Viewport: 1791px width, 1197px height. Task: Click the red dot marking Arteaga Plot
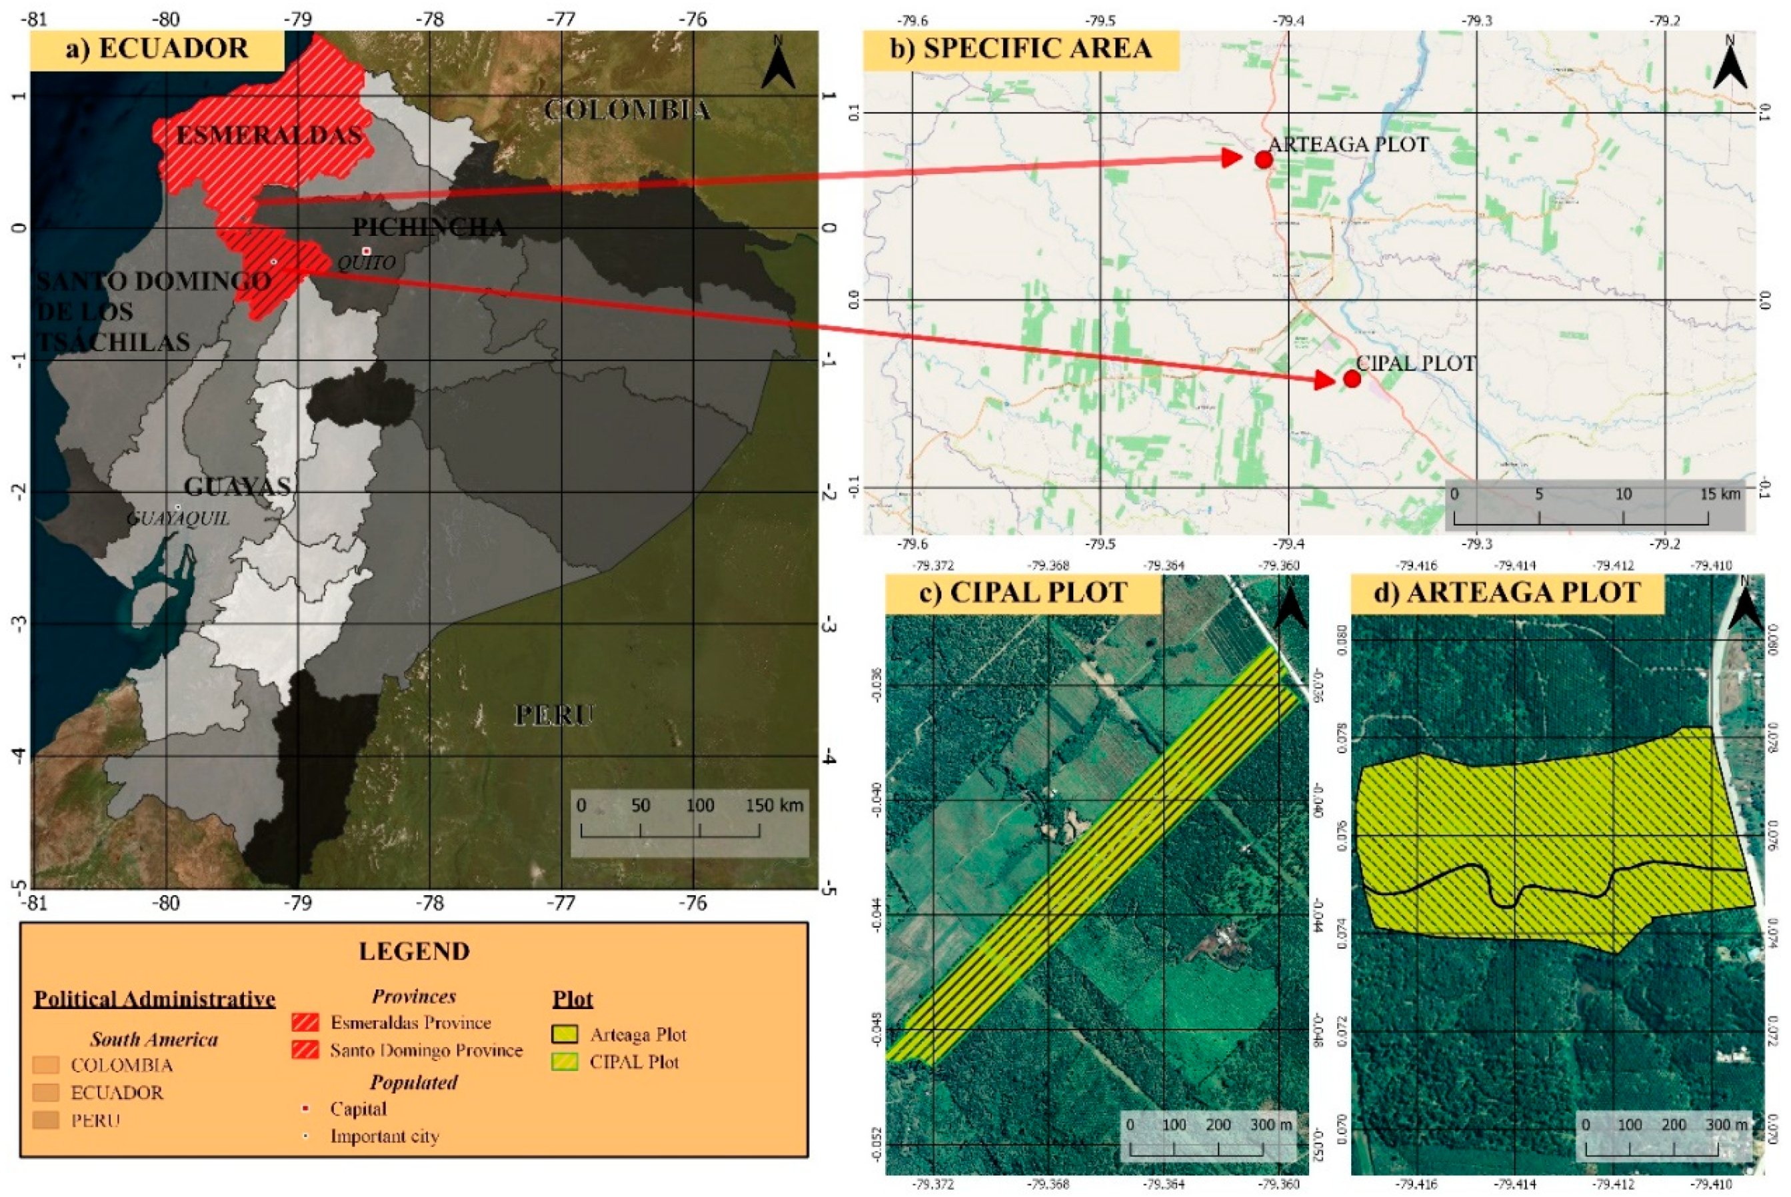[1264, 159]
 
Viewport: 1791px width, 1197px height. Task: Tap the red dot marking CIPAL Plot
[1352, 379]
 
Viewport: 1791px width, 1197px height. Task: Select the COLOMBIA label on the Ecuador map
[627, 110]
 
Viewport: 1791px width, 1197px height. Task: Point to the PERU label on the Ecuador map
[553, 715]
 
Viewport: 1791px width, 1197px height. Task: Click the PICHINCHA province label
[429, 227]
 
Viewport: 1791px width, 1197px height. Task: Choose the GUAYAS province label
[237, 487]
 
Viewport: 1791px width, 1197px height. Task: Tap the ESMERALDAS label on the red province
[269, 135]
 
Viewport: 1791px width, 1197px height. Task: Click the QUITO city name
[367, 263]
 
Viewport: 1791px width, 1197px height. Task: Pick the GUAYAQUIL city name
[178, 519]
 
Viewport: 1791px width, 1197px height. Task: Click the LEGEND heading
[415, 951]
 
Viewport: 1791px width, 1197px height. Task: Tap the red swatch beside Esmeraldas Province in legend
[305, 1022]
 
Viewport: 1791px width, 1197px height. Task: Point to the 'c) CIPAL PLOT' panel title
[1023, 593]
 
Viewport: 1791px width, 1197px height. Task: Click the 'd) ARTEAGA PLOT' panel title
[1507, 593]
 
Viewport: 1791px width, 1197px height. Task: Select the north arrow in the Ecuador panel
[779, 62]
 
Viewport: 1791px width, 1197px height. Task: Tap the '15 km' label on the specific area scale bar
[1720, 494]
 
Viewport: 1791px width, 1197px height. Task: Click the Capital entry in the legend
[357, 1108]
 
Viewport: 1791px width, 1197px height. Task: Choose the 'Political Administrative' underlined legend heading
[154, 999]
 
